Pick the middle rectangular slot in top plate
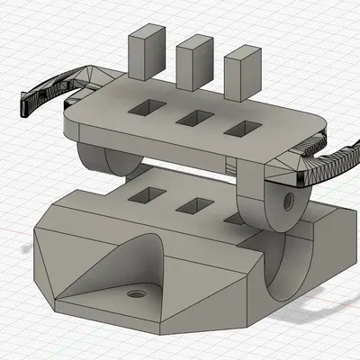193,118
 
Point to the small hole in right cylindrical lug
290,195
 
